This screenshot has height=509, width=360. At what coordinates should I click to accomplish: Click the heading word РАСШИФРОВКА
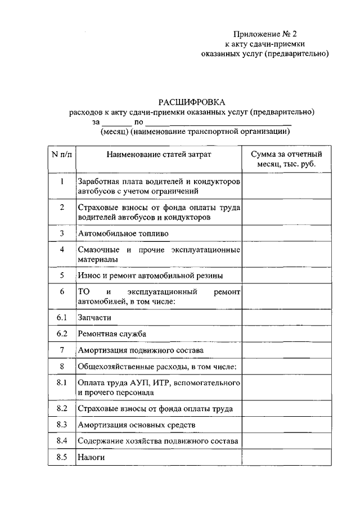point(191,102)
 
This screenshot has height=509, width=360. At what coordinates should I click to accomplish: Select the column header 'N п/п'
point(62,154)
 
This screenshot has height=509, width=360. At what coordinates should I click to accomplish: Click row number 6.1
point(62,317)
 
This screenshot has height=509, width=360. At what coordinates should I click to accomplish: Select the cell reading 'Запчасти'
point(94,318)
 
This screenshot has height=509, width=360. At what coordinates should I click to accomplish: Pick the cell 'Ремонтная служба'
point(112,334)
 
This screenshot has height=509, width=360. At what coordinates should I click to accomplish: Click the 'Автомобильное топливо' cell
point(124,233)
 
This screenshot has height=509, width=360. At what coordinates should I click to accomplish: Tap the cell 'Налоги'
point(92,458)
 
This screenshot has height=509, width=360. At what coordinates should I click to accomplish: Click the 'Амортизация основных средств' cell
point(138,425)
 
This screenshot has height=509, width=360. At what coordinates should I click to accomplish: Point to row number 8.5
point(62,457)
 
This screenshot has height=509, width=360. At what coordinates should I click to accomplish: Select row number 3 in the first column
point(62,232)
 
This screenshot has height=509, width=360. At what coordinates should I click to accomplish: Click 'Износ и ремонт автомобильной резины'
point(150,276)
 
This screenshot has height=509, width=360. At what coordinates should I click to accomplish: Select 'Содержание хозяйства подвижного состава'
point(159,441)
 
